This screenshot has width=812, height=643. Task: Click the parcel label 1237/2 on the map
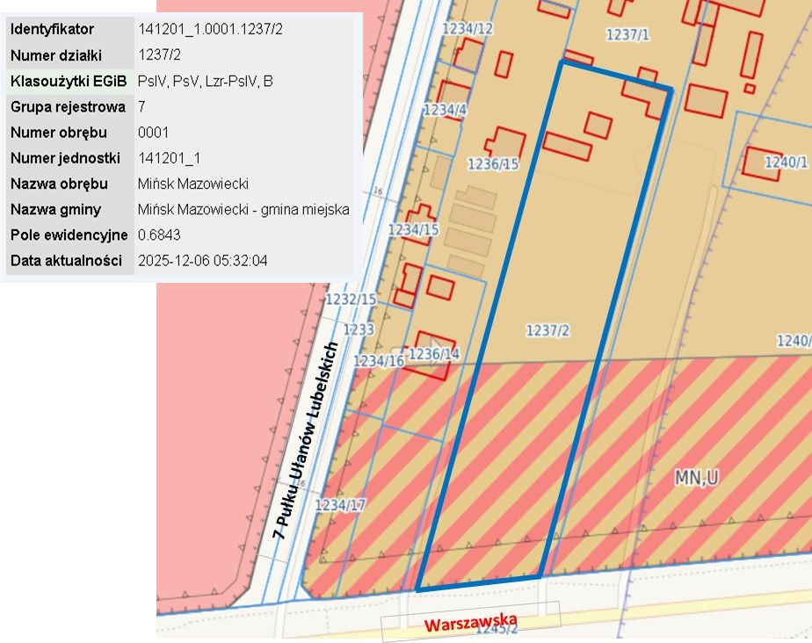click(x=547, y=330)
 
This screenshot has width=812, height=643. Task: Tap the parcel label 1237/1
click(x=627, y=34)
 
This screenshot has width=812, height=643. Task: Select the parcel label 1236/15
click(x=492, y=163)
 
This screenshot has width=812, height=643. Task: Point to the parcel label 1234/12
click(x=468, y=29)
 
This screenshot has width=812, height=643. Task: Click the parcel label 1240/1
click(x=786, y=162)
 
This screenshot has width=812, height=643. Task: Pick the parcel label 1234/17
click(x=340, y=505)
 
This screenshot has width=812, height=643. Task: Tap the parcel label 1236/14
click(x=434, y=353)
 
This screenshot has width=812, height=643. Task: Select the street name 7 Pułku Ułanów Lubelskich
click(x=306, y=438)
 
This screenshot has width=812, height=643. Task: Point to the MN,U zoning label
click(x=697, y=478)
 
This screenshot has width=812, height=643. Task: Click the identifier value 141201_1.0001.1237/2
click(x=211, y=29)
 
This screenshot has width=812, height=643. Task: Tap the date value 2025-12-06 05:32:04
click(x=203, y=261)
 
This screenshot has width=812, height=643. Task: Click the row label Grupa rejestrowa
click(x=68, y=107)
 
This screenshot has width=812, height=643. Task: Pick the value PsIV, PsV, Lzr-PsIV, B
click(x=205, y=81)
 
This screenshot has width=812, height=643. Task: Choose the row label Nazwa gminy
click(x=55, y=210)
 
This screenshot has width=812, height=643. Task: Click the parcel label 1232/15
click(x=351, y=300)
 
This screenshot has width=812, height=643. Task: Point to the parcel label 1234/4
click(x=445, y=110)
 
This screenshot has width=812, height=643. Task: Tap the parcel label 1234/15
click(x=413, y=229)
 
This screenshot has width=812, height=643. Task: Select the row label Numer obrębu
click(x=58, y=133)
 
